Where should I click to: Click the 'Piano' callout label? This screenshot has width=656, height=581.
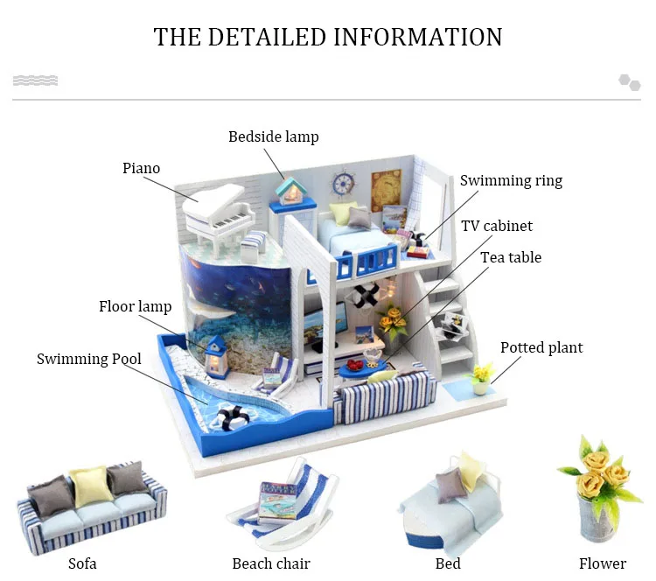pyautogui.click(x=141, y=168)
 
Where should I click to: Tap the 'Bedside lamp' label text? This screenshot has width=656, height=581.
pyautogui.click(x=273, y=136)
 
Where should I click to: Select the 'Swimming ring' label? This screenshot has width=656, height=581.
pyautogui.click(x=511, y=181)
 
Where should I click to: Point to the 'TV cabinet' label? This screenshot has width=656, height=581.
pyautogui.click(x=497, y=226)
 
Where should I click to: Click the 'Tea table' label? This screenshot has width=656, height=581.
pyautogui.click(x=511, y=257)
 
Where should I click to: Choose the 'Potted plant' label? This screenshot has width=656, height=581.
pyautogui.click(x=541, y=347)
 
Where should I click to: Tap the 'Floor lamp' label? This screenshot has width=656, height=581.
pyautogui.click(x=135, y=306)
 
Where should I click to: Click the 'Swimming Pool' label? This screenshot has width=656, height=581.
pyautogui.click(x=88, y=359)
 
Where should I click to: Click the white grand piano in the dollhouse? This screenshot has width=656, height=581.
pyautogui.click(x=211, y=210)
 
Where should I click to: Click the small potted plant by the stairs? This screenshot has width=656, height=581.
pyautogui.click(x=480, y=380)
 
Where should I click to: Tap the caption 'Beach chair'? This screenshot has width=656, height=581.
pyautogui.click(x=271, y=563)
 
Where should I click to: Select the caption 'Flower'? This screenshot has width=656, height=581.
pyautogui.click(x=602, y=563)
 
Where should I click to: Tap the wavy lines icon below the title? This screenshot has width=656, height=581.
pyautogui.click(x=35, y=81)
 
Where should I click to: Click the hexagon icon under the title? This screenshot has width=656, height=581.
pyautogui.click(x=630, y=82)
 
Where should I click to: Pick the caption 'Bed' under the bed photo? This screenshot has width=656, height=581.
pyautogui.click(x=448, y=563)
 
